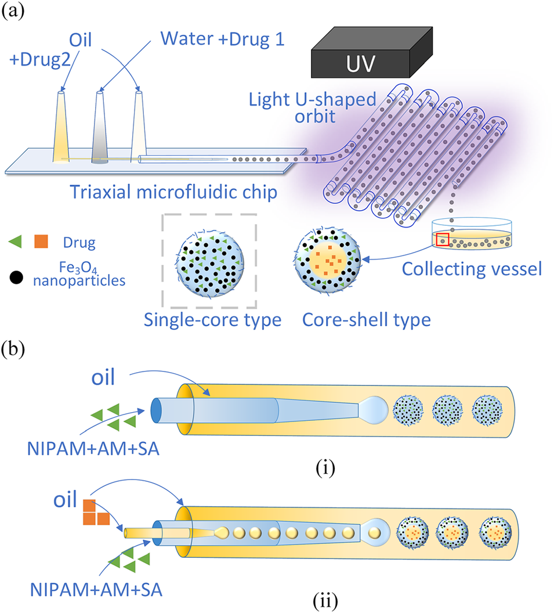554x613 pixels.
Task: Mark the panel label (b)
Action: [x=13, y=349]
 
